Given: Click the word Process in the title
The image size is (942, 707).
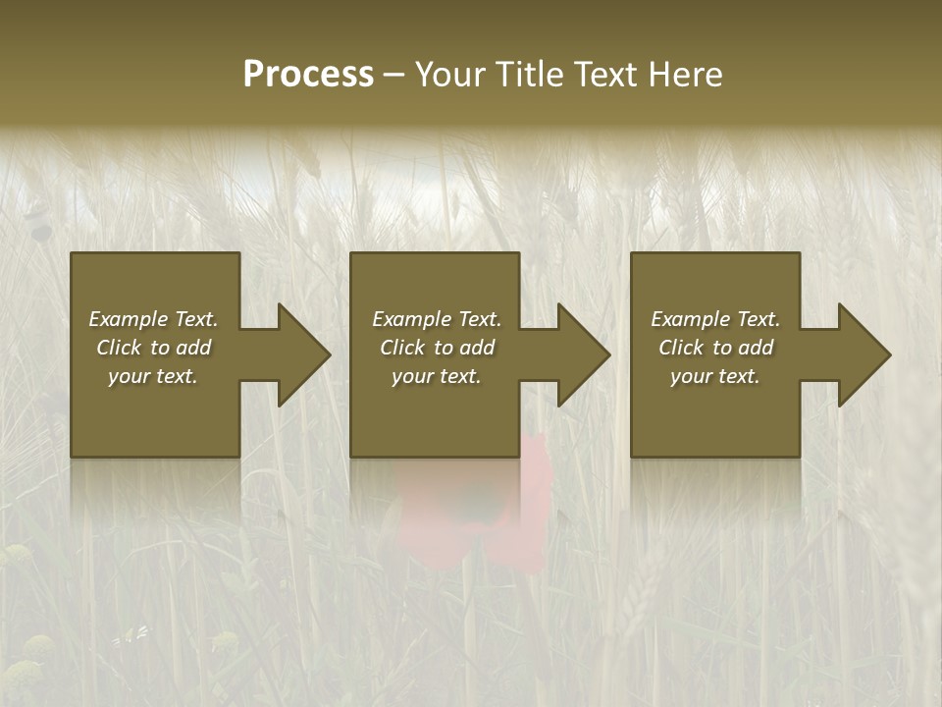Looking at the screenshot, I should [308, 75].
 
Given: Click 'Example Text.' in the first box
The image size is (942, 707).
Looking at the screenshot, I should [153, 319].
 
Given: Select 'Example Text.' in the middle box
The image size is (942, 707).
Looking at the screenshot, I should [436, 319].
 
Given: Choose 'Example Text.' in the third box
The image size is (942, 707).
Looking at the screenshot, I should [715, 319].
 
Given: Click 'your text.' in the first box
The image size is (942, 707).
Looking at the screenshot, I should [153, 376].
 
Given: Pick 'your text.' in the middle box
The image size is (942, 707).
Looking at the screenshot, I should [436, 376].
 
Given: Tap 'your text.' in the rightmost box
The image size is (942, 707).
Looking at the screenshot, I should [715, 376].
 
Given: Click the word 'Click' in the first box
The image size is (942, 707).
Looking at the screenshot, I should [119, 348].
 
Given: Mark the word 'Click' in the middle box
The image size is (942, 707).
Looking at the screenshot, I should [402, 348].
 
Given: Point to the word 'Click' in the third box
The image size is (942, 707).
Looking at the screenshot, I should [681, 348].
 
